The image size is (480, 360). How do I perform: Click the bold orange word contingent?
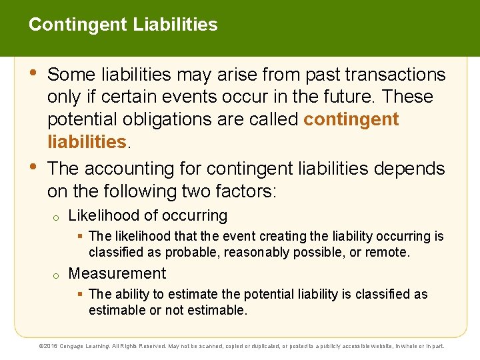[351, 119]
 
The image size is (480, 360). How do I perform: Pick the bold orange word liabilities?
[86, 141]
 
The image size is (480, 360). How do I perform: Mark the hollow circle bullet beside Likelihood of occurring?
[57, 217]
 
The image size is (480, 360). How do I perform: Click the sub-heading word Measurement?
[117, 273]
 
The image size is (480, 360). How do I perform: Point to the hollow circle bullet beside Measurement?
[57, 275]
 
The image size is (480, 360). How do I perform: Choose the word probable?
[197, 253]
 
